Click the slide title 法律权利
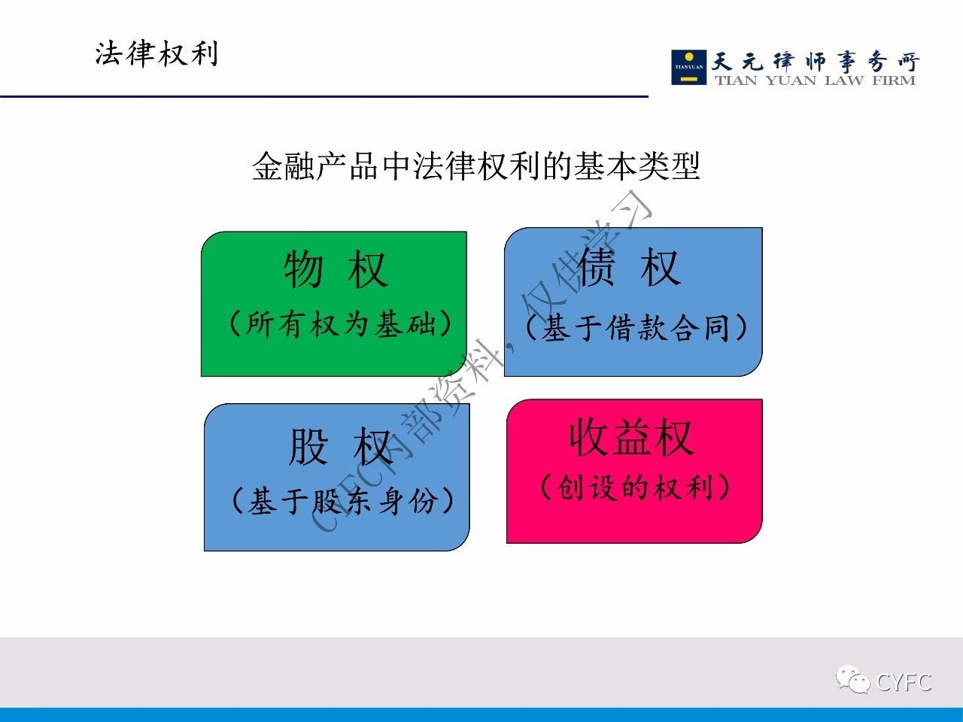(156, 54)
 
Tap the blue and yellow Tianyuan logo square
(689, 67)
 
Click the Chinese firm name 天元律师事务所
(816, 62)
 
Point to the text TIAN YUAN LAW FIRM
(816, 80)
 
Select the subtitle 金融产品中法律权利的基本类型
(475, 166)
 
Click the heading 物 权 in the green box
(336, 269)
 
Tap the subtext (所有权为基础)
(341, 324)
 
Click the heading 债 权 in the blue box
(630, 266)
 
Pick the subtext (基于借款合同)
(636, 327)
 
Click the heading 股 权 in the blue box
(339, 447)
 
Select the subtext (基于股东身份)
(343, 501)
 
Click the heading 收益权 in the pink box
(632, 438)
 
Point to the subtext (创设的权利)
(635, 487)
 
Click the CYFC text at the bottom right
(904, 682)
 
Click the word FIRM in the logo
(894, 80)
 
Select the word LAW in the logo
(844, 80)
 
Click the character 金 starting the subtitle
(268, 166)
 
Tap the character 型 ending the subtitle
(685, 166)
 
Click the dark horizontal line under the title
(324, 96)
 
